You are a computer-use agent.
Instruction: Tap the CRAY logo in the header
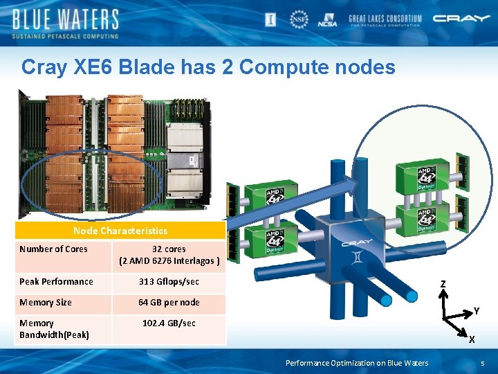click(461, 19)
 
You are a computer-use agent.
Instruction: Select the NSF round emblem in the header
click(299, 19)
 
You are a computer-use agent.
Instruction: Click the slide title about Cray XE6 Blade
click(208, 67)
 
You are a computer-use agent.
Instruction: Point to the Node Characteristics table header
click(120, 231)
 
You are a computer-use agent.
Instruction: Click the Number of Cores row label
click(54, 249)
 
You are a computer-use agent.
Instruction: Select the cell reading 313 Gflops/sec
click(169, 282)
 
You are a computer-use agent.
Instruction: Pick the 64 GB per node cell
click(169, 303)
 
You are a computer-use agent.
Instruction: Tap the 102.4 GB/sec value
click(169, 323)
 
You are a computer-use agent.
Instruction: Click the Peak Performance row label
click(56, 282)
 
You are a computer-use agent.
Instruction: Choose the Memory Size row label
click(46, 303)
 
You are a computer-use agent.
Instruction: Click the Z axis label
click(443, 283)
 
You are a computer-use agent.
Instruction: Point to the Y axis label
click(476, 312)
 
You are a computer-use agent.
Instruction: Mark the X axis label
click(471, 340)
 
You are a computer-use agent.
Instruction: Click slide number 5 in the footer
click(483, 363)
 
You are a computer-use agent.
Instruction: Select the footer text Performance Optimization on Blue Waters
click(357, 363)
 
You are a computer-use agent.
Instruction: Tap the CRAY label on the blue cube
click(356, 242)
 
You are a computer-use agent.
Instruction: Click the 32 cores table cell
click(169, 255)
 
